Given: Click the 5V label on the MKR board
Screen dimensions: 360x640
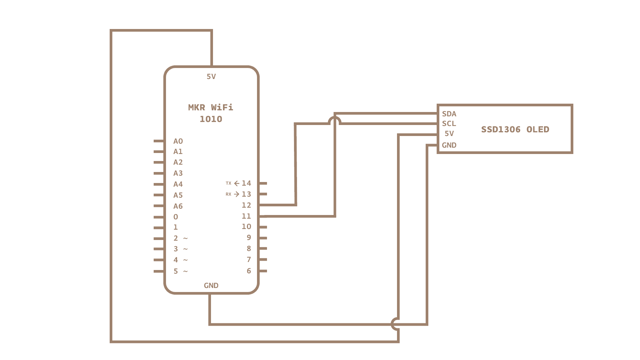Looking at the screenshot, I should (x=211, y=77).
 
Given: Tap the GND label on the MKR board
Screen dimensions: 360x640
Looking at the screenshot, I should (x=211, y=286).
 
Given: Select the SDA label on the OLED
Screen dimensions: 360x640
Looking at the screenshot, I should (x=449, y=114).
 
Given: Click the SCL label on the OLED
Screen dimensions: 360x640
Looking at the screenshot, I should (x=449, y=124).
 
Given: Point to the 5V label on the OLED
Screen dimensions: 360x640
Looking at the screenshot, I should (x=449, y=134).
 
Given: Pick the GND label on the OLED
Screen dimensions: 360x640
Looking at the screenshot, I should (x=449, y=145).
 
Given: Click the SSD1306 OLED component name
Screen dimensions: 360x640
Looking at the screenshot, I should (x=515, y=129).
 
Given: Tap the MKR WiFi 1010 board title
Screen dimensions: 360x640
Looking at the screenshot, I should (x=211, y=113).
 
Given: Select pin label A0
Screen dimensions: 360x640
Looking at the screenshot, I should (x=178, y=141).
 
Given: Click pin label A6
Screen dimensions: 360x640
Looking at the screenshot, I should (x=178, y=206).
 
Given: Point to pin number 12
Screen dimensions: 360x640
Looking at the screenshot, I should (x=246, y=205).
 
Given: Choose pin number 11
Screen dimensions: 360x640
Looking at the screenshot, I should (x=246, y=216).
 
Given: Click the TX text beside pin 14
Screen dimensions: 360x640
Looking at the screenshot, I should (x=228, y=183).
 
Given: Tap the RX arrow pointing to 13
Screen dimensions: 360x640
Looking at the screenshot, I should (x=237, y=194).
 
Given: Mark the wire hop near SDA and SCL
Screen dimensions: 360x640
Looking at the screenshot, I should (x=334, y=120).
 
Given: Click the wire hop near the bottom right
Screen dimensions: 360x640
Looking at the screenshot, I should (x=395, y=324).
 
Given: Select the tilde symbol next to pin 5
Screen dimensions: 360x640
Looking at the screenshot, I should (x=185, y=272).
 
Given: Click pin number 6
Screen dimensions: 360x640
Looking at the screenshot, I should (x=249, y=271).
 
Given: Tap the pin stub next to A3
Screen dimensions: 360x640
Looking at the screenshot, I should (x=159, y=173).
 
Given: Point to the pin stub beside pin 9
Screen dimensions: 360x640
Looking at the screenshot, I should (x=263, y=238).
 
